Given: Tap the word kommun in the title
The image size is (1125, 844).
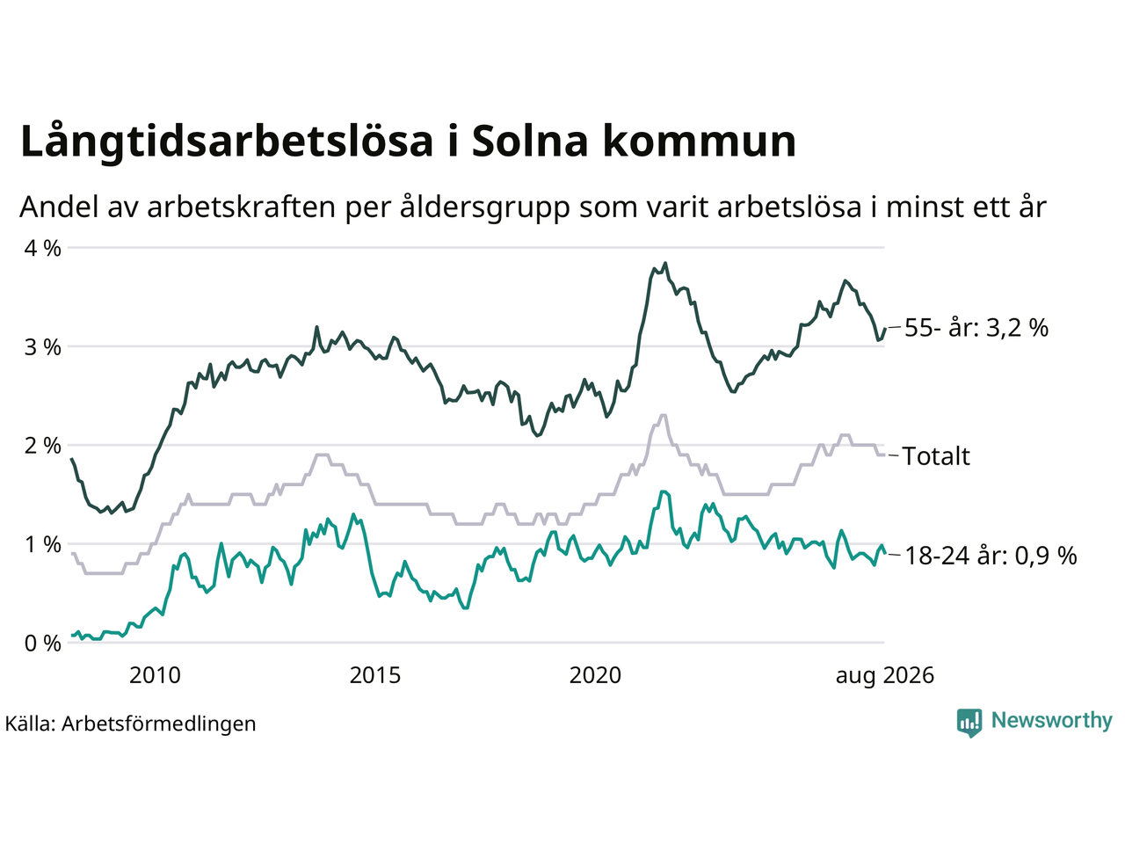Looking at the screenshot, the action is pyautogui.click(x=700, y=141).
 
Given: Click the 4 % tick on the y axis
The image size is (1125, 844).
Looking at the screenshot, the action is pyautogui.click(x=42, y=249).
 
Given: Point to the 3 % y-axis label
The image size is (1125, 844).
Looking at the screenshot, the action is pyautogui.click(x=42, y=347).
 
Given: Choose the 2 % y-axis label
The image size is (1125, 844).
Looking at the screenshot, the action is pyautogui.click(x=42, y=446).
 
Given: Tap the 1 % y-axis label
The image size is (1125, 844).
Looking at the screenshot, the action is pyautogui.click(x=42, y=545).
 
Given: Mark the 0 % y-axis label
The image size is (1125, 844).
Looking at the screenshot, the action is pyautogui.click(x=42, y=644).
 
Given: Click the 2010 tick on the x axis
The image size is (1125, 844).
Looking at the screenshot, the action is pyautogui.click(x=155, y=676).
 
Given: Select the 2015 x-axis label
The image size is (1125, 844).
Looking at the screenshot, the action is pyautogui.click(x=375, y=676).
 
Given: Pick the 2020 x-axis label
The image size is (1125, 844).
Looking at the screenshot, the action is pyautogui.click(x=595, y=676).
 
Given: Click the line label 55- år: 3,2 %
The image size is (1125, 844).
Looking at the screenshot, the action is pyautogui.click(x=976, y=327).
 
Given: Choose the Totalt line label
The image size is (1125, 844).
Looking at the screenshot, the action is pyautogui.click(x=936, y=456).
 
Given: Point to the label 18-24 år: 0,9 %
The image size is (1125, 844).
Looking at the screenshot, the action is pyautogui.click(x=991, y=556).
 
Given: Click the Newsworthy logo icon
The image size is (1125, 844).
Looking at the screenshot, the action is pyautogui.click(x=969, y=723).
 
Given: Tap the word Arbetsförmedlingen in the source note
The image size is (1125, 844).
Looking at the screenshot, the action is pyautogui.click(x=159, y=724).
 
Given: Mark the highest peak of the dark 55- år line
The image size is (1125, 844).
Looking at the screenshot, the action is pyautogui.click(x=665, y=264).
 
